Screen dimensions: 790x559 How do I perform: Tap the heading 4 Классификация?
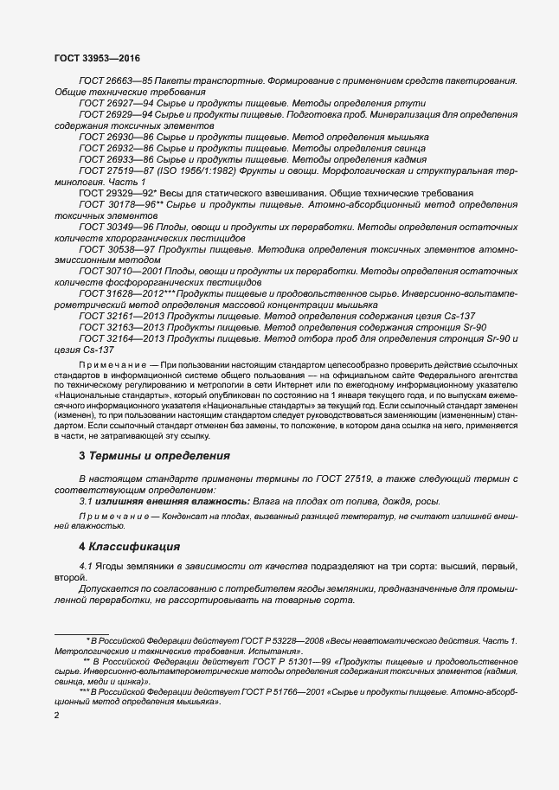(x=130, y=546)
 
